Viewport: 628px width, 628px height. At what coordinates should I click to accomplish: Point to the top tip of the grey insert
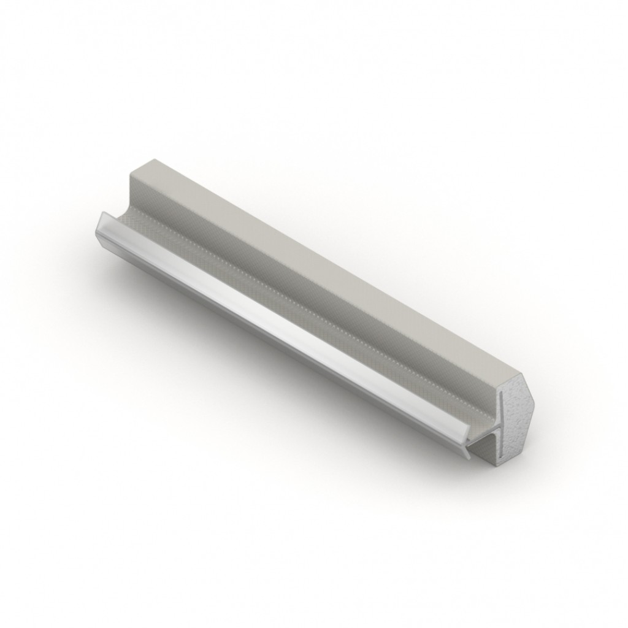click(500, 392)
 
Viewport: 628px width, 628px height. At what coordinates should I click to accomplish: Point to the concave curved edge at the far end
click(123, 212)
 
